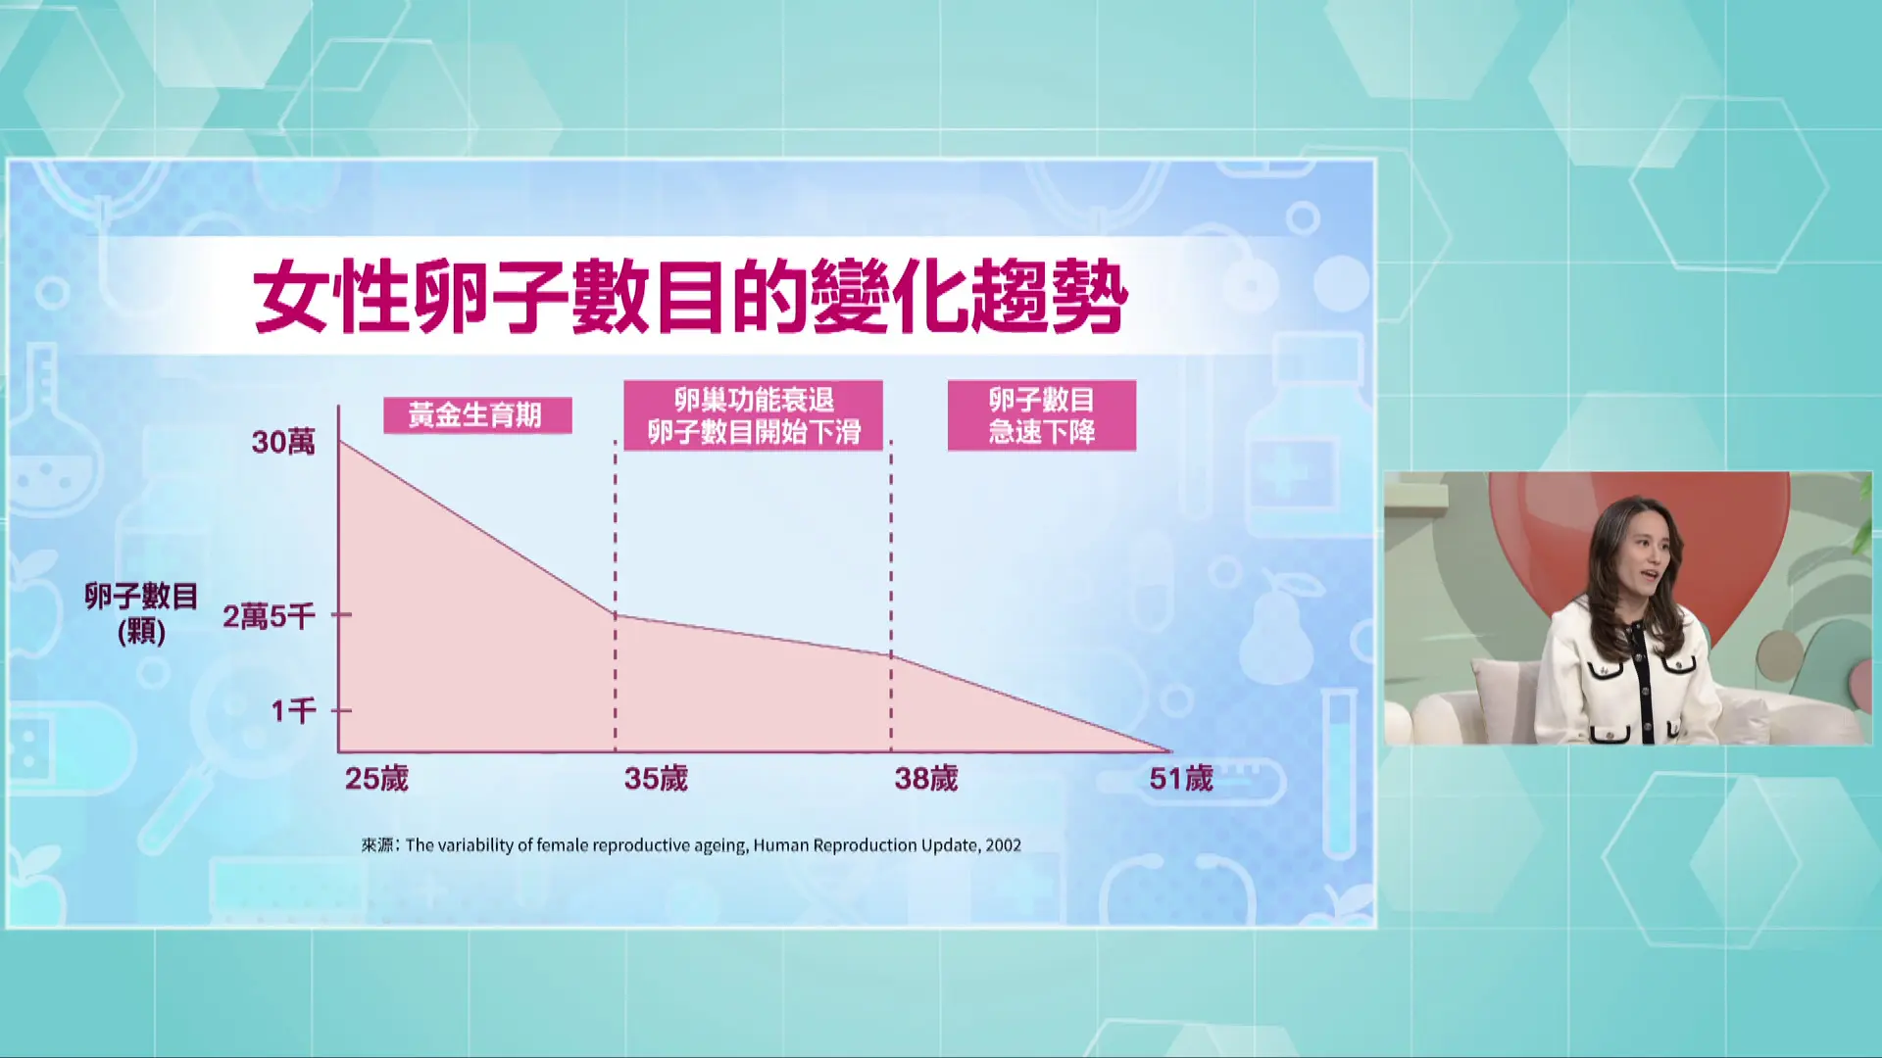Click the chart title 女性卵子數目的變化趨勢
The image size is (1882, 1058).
[690, 296]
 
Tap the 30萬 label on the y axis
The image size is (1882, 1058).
[283, 442]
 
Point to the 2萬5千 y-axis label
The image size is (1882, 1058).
[269, 616]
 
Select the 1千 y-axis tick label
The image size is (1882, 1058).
[293, 710]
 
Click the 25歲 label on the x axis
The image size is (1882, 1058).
[376, 779]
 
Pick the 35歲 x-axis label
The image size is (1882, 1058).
[656, 779]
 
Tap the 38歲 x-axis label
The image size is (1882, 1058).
[926, 779]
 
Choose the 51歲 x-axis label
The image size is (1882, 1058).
[1181, 779]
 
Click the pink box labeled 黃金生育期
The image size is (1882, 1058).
[477, 415]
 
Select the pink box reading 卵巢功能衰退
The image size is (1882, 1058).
[753, 415]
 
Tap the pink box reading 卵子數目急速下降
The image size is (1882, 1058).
[1042, 415]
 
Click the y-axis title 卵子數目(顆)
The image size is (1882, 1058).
[141, 613]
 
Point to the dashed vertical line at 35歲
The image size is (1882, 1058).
[616, 596]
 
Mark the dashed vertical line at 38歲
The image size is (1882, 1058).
[891, 596]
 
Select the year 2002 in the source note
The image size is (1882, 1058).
[1004, 845]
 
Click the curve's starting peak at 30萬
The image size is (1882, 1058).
[339, 441]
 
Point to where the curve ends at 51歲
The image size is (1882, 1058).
[1170, 751]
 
